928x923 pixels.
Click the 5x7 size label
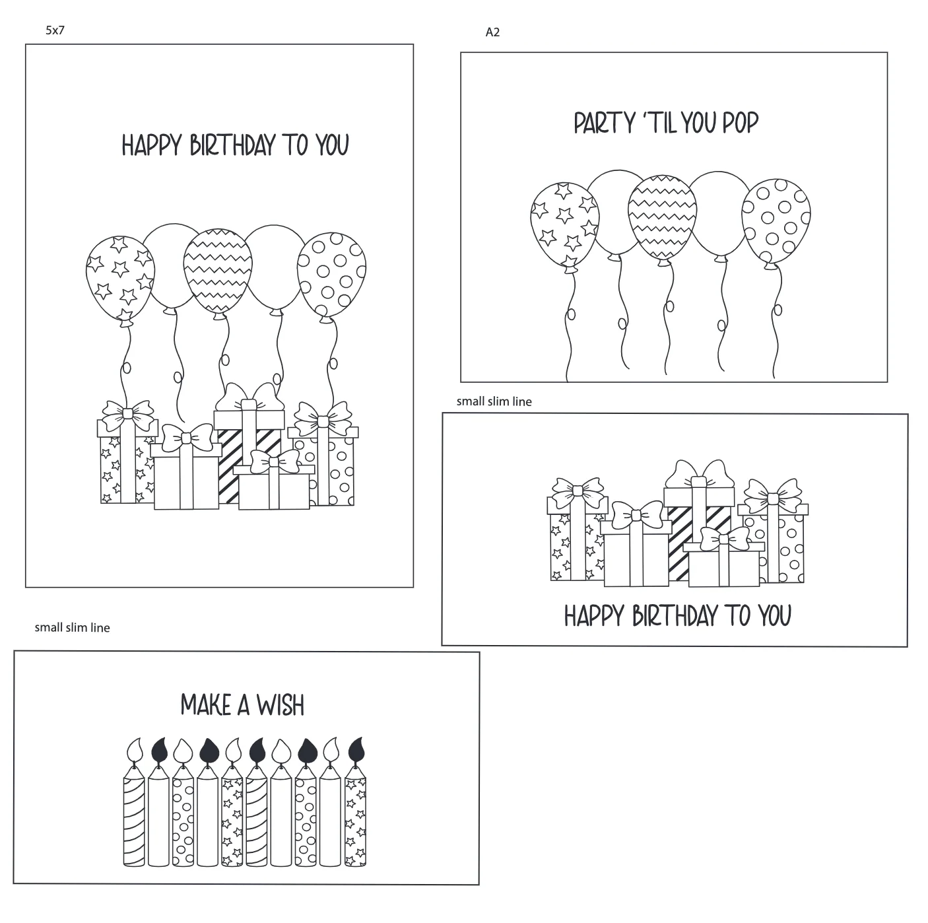pos(55,30)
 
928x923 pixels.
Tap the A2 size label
pos(492,32)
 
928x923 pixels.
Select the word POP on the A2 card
pos(740,123)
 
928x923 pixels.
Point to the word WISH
pos(281,705)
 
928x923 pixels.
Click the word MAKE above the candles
pos(205,705)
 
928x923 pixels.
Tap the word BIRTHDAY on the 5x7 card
pos(232,145)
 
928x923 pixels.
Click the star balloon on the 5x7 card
pos(120,279)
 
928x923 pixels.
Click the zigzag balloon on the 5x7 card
pos(218,273)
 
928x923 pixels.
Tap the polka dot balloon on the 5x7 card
pos(332,277)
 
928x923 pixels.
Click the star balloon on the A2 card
pos(565,226)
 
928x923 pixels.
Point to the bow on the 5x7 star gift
pos(127,415)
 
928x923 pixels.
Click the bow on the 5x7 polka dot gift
pos(323,420)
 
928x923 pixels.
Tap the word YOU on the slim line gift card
pos(775,616)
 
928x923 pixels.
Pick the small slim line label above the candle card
pos(72,628)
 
